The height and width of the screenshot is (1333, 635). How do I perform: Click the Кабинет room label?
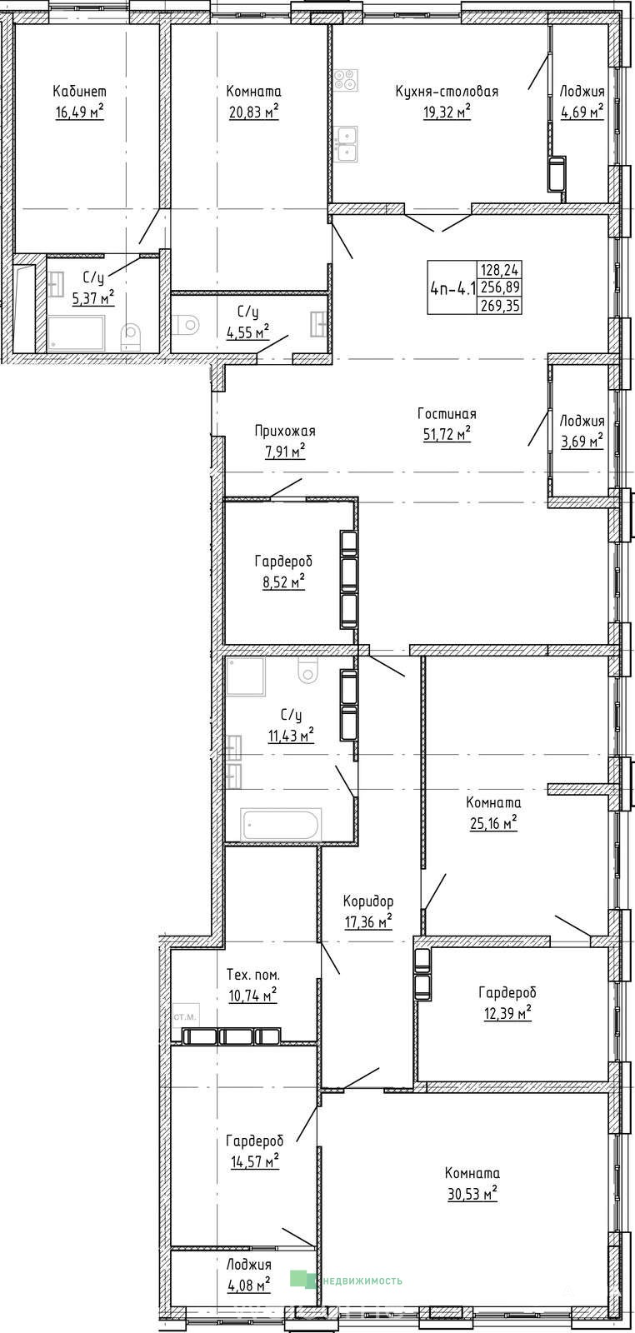coord(79,91)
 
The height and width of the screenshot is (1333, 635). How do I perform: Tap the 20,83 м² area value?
coord(254,112)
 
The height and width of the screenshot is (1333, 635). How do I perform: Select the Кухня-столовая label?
coord(447,91)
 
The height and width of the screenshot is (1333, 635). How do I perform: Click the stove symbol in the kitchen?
coord(346,80)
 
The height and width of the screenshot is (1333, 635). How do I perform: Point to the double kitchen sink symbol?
coord(346,144)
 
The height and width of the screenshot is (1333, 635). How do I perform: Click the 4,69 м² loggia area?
coord(582,112)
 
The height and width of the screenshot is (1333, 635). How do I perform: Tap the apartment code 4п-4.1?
coord(452,288)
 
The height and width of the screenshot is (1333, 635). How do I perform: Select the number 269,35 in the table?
coord(501,306)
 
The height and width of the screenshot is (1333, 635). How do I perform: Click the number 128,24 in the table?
coord(501,270)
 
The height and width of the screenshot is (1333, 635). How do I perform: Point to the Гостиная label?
coord(447,413)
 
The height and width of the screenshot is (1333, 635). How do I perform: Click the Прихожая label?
coord(285,431)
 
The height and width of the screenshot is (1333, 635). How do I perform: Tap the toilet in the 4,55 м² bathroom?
coord(187,324)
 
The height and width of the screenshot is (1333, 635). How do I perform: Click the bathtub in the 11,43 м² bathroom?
coord(282,824)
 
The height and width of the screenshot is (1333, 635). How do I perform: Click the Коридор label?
coord(369,901)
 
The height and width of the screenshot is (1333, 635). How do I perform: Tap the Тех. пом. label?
coord(253,975)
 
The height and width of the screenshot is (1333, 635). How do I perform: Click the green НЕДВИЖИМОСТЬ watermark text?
coord(362,1281)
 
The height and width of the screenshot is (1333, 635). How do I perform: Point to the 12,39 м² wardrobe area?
coord(507,1012)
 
